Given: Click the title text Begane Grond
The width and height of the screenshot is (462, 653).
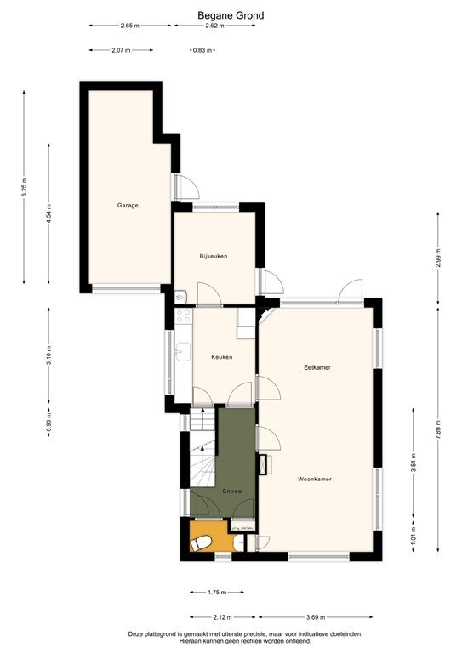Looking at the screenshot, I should pos(231,15).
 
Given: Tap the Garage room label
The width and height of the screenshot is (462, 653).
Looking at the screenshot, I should pos(128,205).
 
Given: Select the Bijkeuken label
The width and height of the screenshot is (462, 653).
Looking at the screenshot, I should pos(214,256).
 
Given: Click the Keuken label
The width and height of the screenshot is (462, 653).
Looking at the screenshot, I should pos(222,357).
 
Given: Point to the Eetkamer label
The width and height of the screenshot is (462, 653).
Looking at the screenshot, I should pos(317,367).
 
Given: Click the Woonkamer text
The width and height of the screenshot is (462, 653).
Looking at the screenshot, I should pos(315,480).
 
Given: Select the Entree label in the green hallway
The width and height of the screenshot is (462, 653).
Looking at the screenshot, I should pos(231,491).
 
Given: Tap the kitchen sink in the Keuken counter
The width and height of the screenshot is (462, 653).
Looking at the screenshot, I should pos(181,349).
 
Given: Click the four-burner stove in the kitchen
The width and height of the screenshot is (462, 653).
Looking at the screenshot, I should pos(181,316).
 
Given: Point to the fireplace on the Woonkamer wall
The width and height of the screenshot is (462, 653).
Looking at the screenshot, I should pos(265,463).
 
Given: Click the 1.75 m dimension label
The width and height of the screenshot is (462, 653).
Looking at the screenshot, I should pos(218,593).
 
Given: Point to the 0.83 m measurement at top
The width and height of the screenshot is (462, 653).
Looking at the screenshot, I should pos(202,50).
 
